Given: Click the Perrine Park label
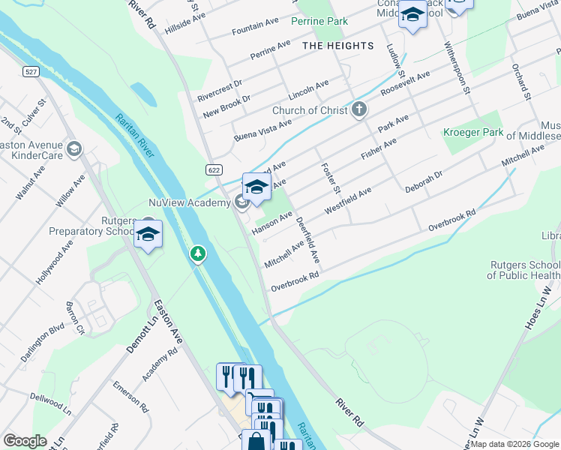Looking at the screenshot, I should pos(319,22).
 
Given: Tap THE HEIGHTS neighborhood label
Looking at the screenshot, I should pos(337,46).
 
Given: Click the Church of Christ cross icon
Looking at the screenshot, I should pos(359,110).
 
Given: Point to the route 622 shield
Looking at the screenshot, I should pos(214,170).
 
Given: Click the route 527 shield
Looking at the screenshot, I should pos(31,71).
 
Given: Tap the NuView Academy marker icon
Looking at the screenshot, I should pos(241,202).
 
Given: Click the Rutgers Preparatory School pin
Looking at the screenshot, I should pos(148,234).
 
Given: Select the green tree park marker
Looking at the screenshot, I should pos(198,255).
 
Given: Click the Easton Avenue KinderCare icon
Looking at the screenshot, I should pos(73,149).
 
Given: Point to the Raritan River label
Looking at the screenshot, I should pos(135,136).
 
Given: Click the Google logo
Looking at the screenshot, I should pos(24,441).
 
